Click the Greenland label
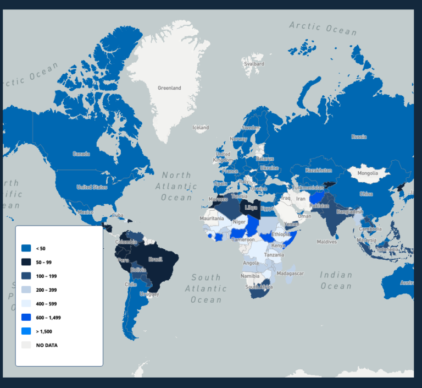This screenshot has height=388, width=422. coord(169,88)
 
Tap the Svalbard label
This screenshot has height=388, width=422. coord(254,64)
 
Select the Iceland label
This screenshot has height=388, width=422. coord(201,128)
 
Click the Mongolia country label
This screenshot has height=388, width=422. coord(368,173)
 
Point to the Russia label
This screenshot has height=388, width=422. coord(359,136)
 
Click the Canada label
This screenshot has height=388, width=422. coord(81,154)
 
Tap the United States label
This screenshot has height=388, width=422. coord(92,187)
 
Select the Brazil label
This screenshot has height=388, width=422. coord(156,259)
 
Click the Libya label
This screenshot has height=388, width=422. coord(251,208)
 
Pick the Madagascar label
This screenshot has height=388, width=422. coord(290,274)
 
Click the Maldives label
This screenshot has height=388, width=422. coord(326,242)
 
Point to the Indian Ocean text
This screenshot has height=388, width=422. coord(336,280)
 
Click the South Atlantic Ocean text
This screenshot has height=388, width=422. coord(206,288)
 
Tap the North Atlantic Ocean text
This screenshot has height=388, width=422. coord(176,186)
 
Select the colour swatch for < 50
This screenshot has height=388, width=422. coord(26,248)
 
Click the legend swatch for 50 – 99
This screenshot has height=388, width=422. coord(26,262)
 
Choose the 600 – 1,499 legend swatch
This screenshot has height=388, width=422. coord(26,318)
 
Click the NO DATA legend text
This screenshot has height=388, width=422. coord(47,345)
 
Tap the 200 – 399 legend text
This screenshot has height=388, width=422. coord(46,290)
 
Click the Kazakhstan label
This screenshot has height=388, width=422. coord(319,171)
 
